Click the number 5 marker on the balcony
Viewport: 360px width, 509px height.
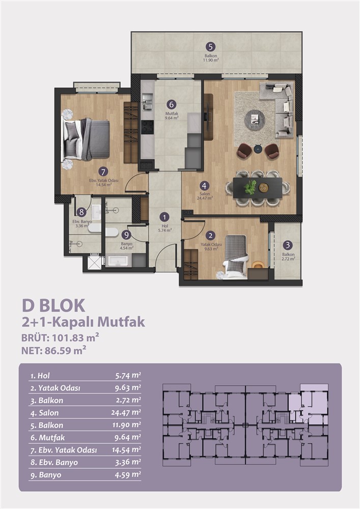210,47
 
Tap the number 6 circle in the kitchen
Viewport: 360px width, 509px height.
172,104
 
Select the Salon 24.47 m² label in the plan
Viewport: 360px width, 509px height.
205,196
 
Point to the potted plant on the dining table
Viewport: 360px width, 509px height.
251,187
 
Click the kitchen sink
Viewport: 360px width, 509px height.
147,101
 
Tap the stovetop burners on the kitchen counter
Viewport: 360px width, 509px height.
147,127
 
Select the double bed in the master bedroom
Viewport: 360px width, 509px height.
86,139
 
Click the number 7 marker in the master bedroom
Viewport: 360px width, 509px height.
103,172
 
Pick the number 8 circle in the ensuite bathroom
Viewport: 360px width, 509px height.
81,212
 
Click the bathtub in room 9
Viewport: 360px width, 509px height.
119,261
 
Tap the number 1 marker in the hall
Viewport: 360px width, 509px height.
164,217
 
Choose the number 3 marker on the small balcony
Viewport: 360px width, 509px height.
287,245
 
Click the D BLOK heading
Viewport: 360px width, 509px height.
53,306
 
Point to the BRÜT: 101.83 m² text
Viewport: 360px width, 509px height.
60,337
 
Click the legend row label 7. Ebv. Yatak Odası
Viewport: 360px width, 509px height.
64,450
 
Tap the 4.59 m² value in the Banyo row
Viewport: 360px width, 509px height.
128,475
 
